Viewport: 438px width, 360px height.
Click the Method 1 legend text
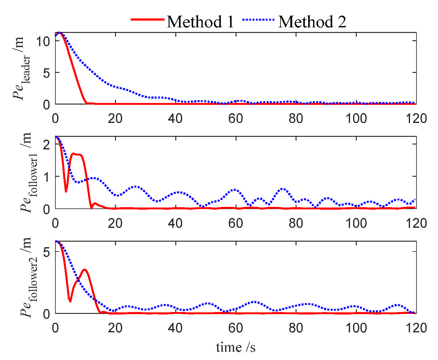(200, 22)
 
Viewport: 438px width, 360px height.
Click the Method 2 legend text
(312, 22)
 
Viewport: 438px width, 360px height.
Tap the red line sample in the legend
(148, 19)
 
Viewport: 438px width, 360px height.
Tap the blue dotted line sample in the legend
(258, 20)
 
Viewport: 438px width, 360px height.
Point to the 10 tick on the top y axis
(43, 41)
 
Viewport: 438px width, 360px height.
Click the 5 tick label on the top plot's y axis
(46, 73)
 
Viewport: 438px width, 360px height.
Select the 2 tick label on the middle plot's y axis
(46, 144)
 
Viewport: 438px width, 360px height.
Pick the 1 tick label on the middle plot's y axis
(46, 177)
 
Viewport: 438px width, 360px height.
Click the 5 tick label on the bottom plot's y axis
(46, 252)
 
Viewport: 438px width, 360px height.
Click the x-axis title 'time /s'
(236, 347)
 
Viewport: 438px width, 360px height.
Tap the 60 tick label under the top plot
(236, 118)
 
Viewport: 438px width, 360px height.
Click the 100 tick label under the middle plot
(356, 223)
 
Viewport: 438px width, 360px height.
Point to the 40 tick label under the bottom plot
(175, 328)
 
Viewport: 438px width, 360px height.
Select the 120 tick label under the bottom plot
(416, 328)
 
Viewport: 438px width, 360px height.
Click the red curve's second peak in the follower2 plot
(85, 270)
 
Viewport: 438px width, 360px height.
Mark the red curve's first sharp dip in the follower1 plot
(66, 191)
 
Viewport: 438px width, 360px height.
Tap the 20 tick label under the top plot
(115, 118)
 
